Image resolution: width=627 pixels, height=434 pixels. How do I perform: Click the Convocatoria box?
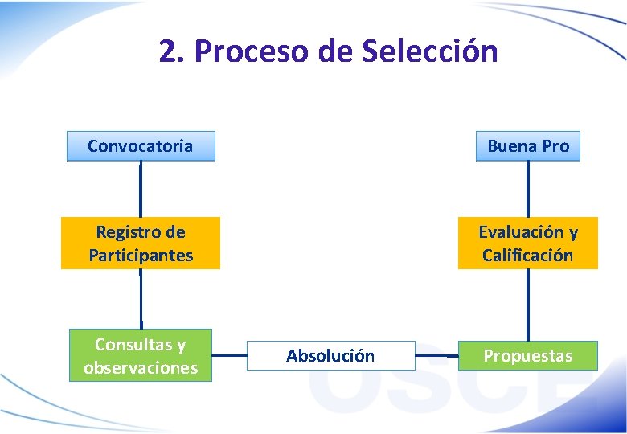141,146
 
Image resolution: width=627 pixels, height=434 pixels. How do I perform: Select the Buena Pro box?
527,146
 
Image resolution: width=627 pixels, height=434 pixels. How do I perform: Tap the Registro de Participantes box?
141,244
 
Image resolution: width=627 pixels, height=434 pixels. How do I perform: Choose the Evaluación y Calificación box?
527,244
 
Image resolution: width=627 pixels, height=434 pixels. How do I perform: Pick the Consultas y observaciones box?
141,355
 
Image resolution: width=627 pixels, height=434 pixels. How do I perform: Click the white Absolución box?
330,355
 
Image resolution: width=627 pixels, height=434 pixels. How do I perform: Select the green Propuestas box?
527,355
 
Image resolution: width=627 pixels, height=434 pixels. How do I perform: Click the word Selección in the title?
429,51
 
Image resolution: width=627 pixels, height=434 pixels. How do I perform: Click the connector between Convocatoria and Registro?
141,190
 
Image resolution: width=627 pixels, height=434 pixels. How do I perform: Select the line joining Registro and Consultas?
141,299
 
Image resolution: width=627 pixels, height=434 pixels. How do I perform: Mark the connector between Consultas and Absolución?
229,355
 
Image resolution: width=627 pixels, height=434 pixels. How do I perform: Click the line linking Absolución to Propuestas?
436,355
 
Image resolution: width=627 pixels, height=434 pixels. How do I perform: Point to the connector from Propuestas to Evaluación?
528,305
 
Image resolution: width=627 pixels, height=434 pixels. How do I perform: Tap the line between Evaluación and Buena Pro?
528,190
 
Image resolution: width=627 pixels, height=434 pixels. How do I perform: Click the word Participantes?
141,256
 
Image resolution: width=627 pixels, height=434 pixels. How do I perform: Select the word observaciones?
141,368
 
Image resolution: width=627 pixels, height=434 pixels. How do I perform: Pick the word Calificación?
527,256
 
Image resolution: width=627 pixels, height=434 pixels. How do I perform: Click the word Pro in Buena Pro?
555,146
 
